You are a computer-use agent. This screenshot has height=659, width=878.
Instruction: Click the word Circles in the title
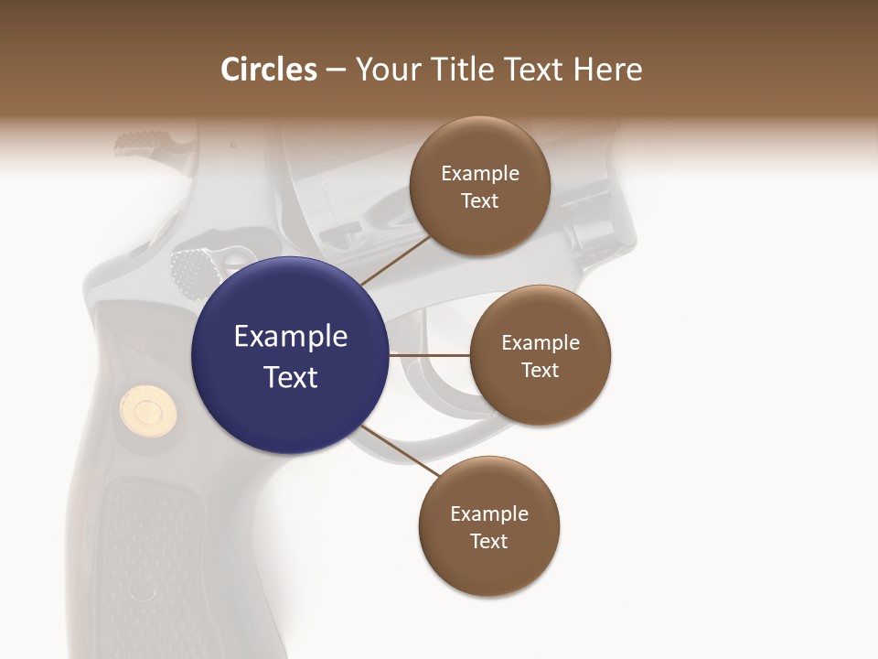click(x=269, y=70)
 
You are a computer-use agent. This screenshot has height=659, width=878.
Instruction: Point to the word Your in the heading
click(x=386, y=70)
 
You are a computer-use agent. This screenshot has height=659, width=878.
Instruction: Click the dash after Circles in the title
click(x=336, y=70)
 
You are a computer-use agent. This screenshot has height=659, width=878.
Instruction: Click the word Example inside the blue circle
click(x=291, y=337)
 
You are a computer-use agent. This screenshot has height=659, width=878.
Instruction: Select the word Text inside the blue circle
click(x=291, y=377)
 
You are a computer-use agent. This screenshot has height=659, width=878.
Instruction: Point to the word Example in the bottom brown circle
click(x=489, y=513)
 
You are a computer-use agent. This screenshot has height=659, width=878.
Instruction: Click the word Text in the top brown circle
click(x=480, y=201)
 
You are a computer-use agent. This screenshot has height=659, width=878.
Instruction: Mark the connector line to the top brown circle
click(x=395, y=260)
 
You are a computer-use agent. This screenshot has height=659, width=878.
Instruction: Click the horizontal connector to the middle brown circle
click(x=429, y=355)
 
